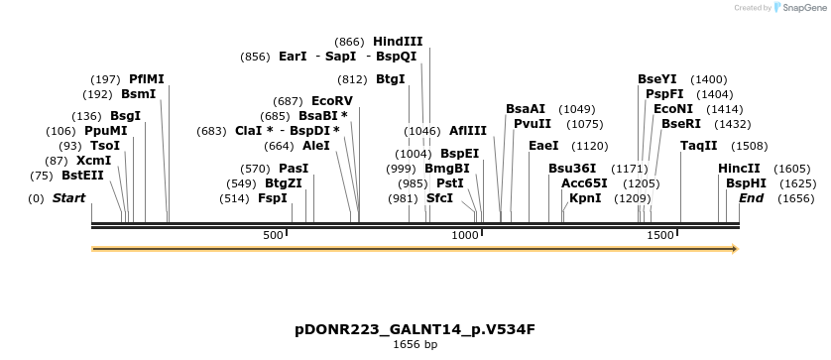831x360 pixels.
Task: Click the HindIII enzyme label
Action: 398,42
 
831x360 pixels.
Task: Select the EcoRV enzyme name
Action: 331,101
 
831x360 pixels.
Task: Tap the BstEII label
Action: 82,176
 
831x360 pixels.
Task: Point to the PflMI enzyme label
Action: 147,79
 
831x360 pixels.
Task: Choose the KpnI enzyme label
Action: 584,198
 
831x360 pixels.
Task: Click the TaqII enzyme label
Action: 699,146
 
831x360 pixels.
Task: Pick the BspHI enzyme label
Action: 745,183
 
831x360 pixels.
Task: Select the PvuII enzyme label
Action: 533,124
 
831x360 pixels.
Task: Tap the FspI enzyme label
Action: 273,198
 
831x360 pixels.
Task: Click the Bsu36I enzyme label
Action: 572,169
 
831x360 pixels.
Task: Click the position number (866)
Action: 349,42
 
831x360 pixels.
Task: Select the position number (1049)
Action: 577,109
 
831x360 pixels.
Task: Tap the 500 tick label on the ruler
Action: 273,235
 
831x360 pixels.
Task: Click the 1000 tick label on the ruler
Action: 465,235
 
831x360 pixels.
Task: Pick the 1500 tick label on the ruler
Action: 660,235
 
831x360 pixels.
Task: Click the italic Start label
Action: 68,198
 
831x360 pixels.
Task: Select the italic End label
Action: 751,198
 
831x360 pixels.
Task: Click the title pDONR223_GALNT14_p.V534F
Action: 415,329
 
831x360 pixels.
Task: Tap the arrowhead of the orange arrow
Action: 735,249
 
